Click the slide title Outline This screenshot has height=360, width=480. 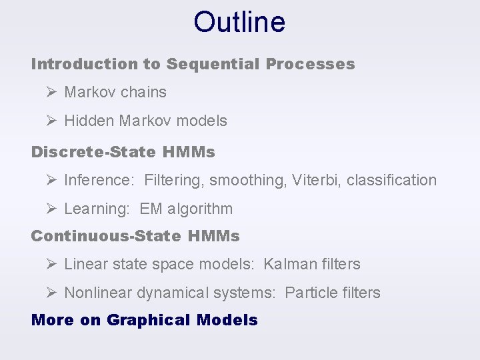point(239,22)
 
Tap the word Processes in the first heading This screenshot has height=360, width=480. point(310,65)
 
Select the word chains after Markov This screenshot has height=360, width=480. point(143,93)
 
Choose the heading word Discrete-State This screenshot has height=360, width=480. point(93,152)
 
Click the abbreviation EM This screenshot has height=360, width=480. point(151,209)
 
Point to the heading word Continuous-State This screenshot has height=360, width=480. point(106,236)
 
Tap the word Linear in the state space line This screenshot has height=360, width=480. point(84,265)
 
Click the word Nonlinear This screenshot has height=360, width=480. point(98,293)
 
